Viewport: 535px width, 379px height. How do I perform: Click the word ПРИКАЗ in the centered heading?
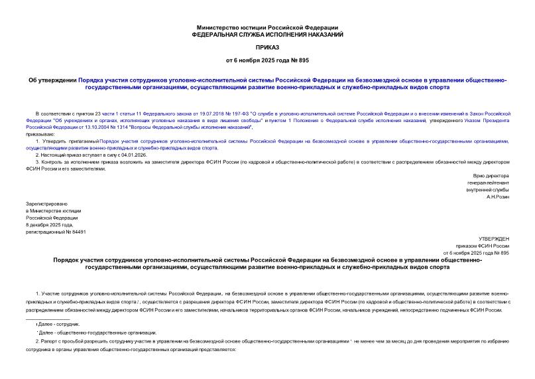pos(267,48)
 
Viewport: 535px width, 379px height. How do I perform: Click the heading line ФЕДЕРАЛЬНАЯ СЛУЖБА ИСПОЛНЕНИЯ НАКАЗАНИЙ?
pos(267,34)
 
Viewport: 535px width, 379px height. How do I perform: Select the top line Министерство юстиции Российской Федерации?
pos(267,27)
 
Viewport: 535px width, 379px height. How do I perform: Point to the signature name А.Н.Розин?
pos(497,197)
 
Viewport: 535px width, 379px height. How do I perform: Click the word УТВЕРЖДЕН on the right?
pos(494,238)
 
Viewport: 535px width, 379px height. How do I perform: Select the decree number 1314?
pos(135,128)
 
